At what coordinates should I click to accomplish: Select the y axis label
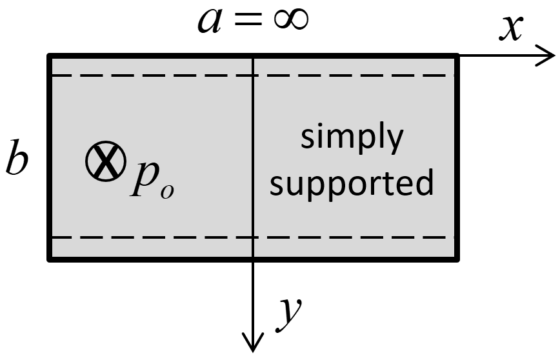pos(288,314)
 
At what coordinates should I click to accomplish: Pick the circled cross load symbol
pos(106,162)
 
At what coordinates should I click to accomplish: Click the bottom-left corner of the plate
pos(50,259)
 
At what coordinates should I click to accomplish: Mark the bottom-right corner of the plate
pos(457,259)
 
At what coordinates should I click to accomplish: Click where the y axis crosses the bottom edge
pos(253,259)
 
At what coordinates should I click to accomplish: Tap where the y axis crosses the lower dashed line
pos(253,237)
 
